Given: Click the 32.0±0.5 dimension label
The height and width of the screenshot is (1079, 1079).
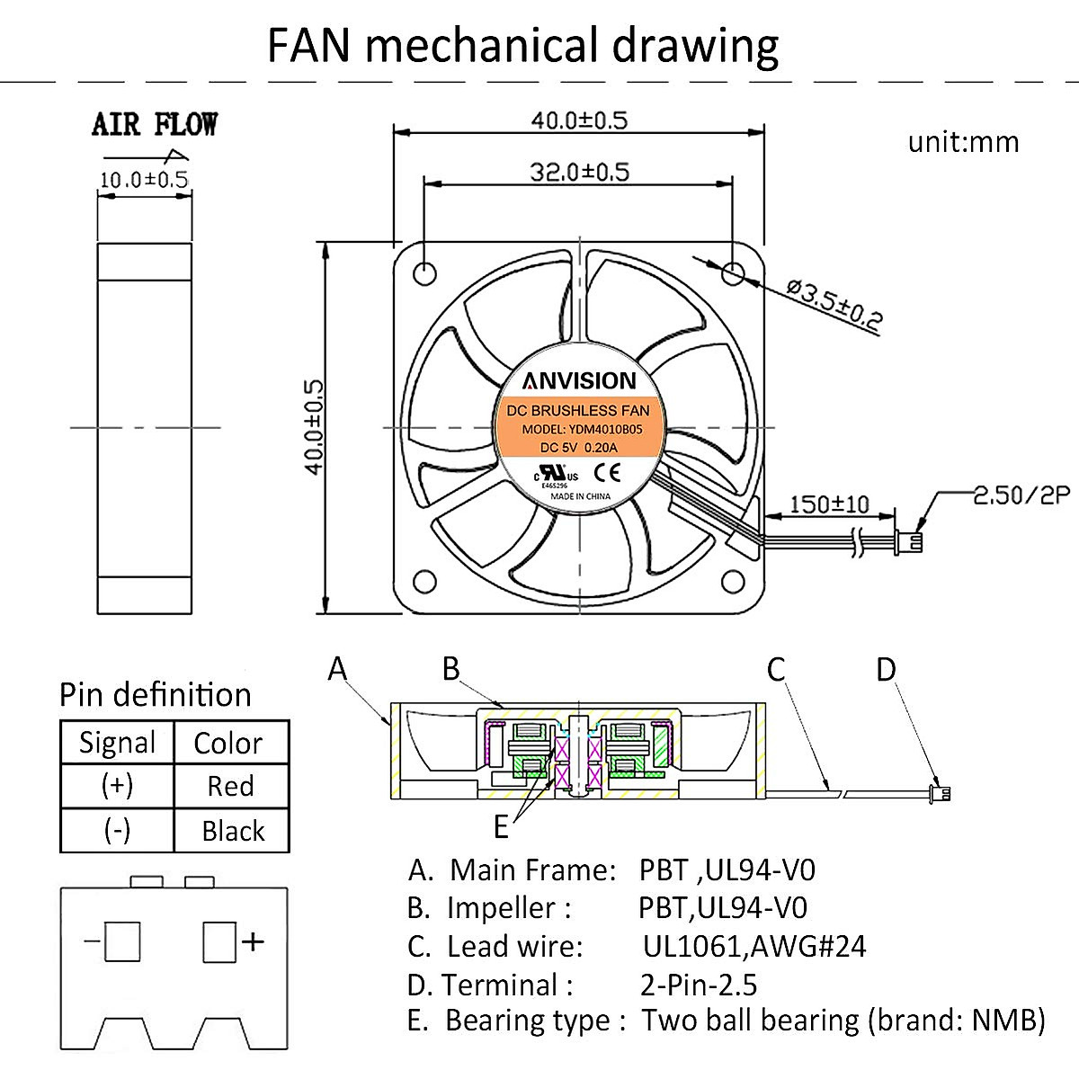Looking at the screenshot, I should pos(578,171).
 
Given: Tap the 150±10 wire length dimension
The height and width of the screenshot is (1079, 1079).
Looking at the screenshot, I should pos(829,504).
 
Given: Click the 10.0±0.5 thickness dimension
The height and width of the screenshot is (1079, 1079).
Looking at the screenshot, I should pos(144,180).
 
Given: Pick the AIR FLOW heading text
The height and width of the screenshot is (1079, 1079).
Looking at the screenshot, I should pos(155,125).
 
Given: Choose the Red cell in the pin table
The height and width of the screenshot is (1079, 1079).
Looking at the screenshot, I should pos(230,786).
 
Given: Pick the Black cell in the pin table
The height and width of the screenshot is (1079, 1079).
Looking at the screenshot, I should pos(233,831).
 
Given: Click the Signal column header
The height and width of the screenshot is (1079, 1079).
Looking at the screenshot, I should pos(117,743).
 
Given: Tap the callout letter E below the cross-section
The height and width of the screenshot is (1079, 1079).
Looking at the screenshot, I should pos(501,825).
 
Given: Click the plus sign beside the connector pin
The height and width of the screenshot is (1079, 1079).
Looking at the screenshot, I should pos(254,941).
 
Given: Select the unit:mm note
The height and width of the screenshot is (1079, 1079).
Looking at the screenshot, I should pos(963,142).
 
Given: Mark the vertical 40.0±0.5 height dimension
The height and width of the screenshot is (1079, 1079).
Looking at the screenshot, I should pos(315,427).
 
